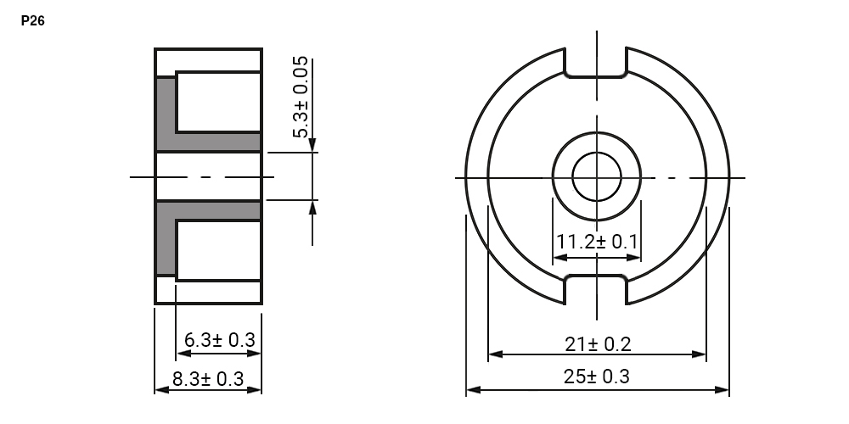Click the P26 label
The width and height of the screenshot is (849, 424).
coord(32,21)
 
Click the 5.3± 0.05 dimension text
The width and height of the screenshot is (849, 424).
coord(301,97)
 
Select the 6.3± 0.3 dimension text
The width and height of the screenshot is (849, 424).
coord(219,340)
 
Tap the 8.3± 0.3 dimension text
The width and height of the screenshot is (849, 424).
coord(208,378)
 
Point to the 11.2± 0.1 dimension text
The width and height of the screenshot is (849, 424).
coord(597,241)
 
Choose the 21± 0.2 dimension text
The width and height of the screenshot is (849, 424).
coord(598,344)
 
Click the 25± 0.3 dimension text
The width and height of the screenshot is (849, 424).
coord(597,377)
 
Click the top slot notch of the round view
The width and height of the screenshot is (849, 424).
coord(596,76)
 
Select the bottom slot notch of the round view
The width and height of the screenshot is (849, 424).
coord(596,276)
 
